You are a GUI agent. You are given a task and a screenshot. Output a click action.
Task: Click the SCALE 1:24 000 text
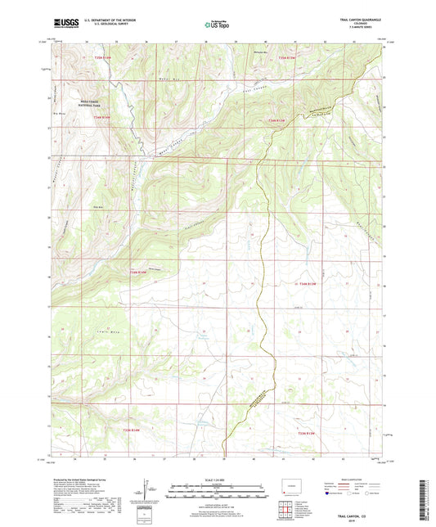tap(217, 479)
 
